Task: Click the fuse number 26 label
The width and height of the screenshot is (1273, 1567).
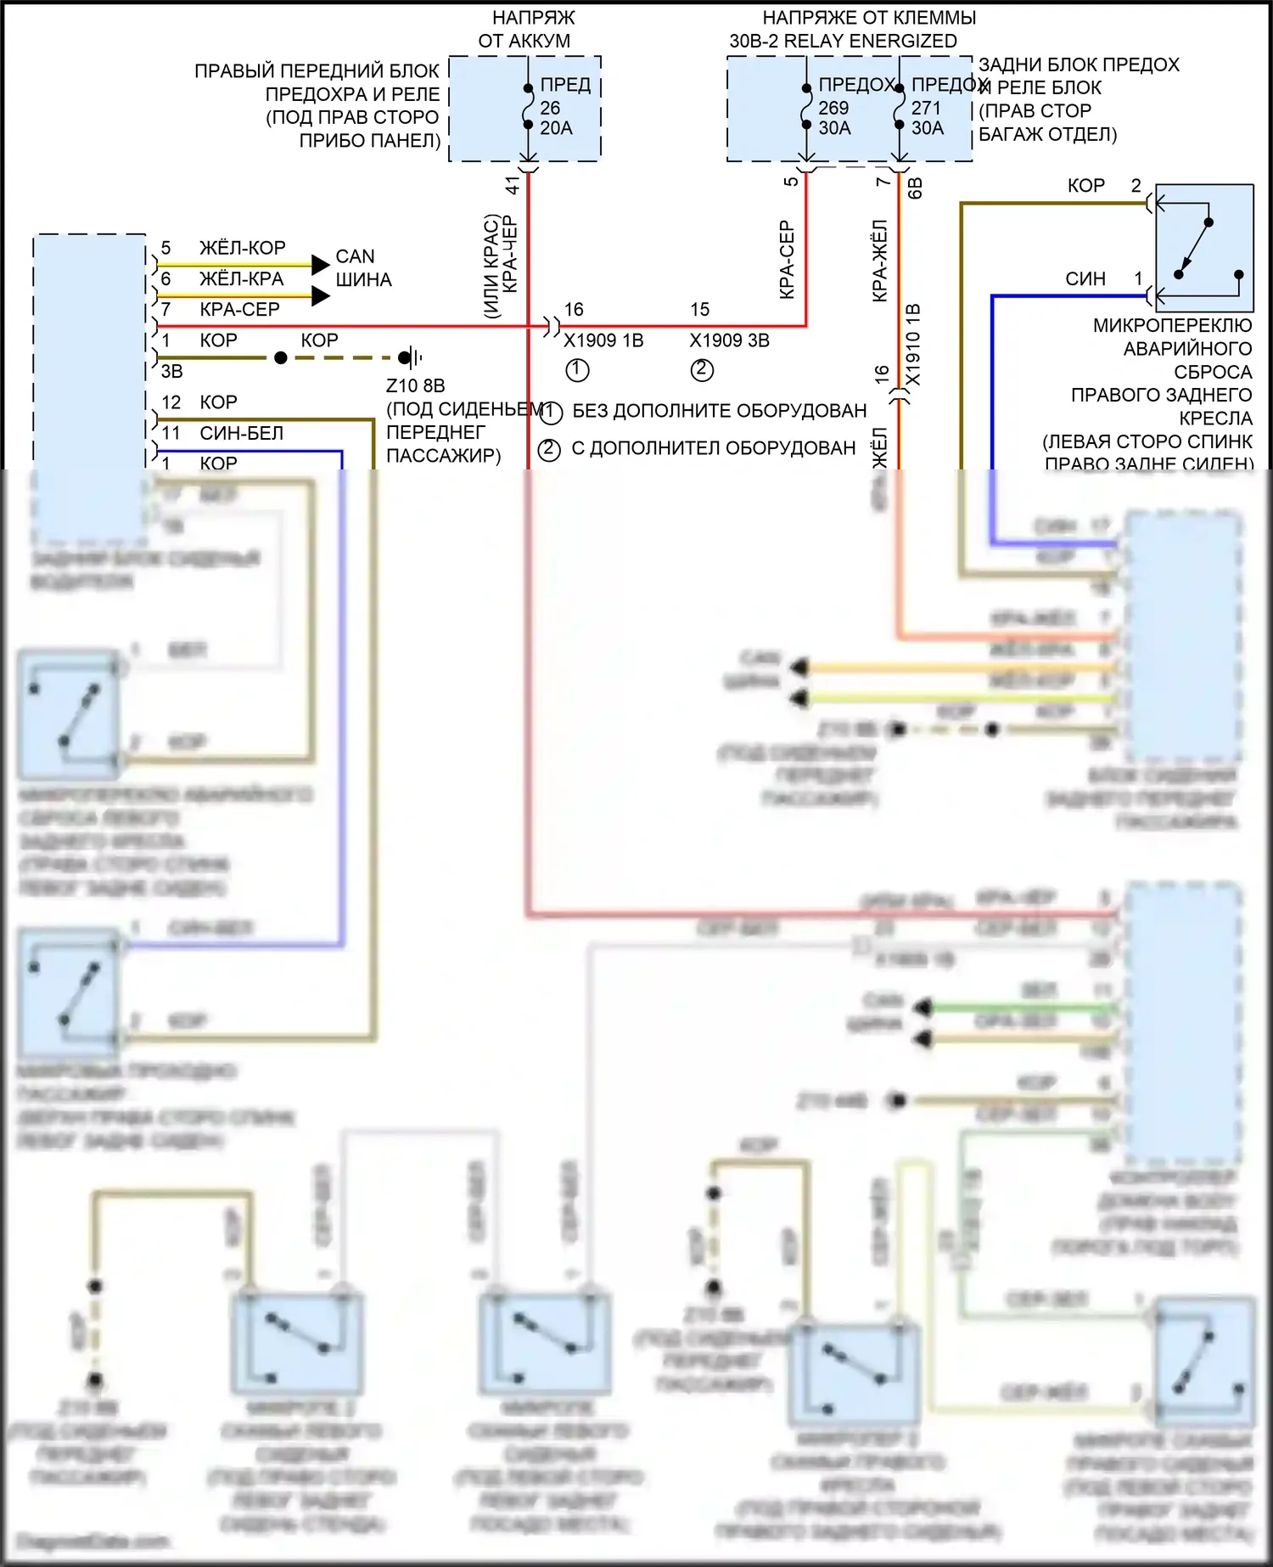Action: (550, 108)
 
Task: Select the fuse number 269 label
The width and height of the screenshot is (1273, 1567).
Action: (833, 108)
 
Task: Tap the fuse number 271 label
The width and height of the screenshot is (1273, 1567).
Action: (926, 108)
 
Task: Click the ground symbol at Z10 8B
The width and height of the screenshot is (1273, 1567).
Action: (411, 357)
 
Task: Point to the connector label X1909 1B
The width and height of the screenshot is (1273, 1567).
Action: (603, 340)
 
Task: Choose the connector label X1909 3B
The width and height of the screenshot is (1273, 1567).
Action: (729, 340)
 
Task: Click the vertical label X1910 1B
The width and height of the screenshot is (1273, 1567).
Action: (913, 344)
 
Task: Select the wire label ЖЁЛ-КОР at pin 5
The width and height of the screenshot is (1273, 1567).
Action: (242, 248)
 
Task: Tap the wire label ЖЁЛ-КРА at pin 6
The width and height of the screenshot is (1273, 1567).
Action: (241, 278)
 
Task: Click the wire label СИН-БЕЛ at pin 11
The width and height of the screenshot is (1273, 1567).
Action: (241, 433)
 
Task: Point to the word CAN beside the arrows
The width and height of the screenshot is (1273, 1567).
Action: (355, 256)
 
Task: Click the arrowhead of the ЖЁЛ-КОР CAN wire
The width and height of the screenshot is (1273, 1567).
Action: (320, 265)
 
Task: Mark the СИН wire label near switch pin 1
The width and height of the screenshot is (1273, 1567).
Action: (1085, 278)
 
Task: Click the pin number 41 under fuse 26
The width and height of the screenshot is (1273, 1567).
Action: (513, 184)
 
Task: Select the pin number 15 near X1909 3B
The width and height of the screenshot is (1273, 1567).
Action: (699, 309)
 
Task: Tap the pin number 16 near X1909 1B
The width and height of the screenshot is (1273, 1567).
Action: (574, 309)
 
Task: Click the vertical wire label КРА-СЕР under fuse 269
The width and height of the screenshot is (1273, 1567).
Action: (787, 259)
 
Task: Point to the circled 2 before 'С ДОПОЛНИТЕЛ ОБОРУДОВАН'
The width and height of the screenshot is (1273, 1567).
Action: (549, 448)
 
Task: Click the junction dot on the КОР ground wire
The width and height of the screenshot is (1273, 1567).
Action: (281, 357)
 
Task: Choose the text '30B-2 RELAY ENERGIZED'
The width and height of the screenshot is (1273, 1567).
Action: (843, 41)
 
